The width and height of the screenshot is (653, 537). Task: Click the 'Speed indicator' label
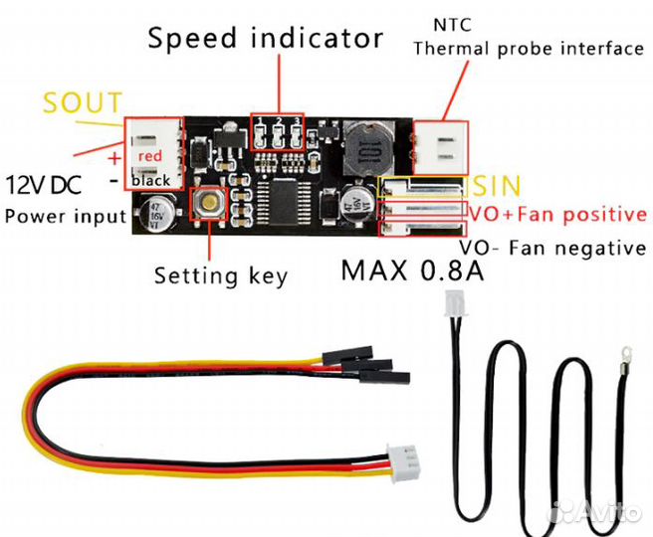tap(265, 39)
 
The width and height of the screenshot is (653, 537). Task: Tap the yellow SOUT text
tap(84, 103)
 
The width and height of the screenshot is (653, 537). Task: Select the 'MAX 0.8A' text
tap(412, 269)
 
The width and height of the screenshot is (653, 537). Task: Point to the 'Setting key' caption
tap(220, 275)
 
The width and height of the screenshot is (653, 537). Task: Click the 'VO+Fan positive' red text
tap(557, 214)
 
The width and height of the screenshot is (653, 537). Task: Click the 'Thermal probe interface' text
tap(528, 49)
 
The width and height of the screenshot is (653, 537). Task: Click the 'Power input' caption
tap(66, 215)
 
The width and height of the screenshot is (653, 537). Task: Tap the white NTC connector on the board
tap(439, 146)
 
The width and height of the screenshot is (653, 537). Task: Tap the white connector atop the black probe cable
tap(455, 301)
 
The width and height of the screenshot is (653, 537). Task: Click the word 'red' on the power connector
tap(150, 156)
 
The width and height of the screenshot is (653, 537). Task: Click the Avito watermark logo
tap(597, 511)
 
